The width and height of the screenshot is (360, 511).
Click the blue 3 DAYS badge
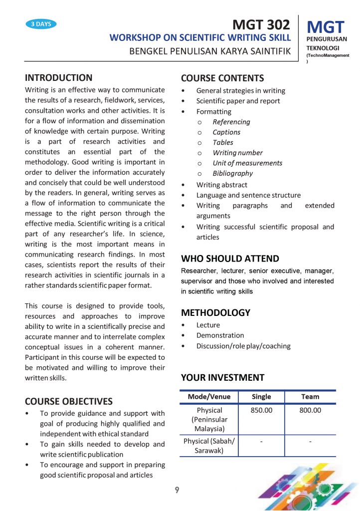41,24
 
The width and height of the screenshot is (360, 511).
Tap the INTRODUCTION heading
58,77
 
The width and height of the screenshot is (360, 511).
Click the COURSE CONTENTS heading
222,78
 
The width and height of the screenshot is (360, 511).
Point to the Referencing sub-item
231,122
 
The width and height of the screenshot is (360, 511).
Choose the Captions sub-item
226,132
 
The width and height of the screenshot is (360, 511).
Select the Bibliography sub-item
232,173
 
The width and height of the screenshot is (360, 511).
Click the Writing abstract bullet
221,185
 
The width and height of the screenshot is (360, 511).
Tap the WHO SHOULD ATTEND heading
230,258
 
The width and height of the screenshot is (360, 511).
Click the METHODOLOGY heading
215,313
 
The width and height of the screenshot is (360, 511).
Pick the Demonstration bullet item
220,335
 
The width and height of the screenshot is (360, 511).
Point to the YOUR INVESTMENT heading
222,377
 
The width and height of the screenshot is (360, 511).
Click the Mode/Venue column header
209,397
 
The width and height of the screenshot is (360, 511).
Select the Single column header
261,397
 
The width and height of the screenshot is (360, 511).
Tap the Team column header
310,397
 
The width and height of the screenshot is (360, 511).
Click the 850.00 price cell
261,411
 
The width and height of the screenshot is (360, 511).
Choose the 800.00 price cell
310,411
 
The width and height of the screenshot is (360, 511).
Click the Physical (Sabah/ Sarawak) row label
209,446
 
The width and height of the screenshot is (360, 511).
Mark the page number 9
177,490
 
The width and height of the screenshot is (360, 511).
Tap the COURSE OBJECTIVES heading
69,401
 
